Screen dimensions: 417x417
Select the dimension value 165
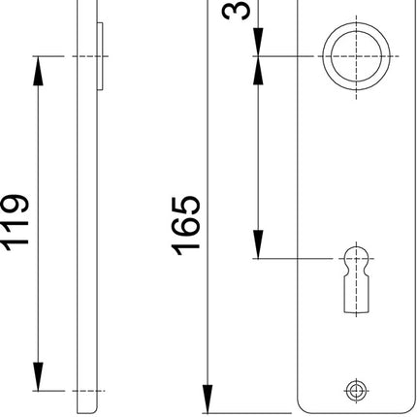187,224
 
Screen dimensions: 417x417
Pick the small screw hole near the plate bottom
356,390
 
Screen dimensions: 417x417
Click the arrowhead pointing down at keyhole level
259,246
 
